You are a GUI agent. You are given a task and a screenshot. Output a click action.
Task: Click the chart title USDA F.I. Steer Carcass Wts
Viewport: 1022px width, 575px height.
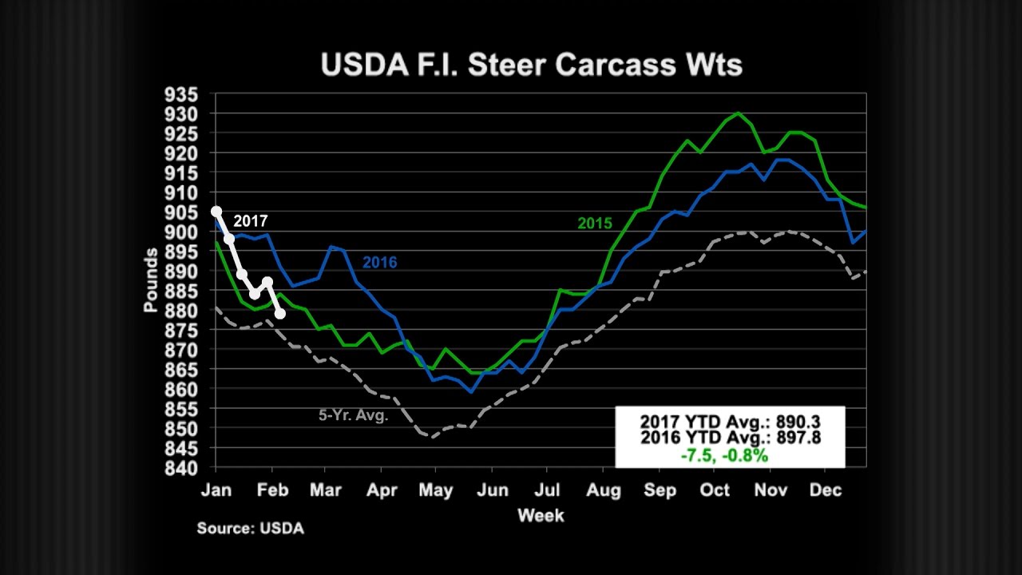[531, 65]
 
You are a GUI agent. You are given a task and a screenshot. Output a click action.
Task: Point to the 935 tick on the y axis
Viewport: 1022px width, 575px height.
[181, 94]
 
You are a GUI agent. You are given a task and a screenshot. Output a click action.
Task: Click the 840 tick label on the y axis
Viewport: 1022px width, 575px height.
[181, 467]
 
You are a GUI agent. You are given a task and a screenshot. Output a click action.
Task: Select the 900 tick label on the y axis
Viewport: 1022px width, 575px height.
[181, 232]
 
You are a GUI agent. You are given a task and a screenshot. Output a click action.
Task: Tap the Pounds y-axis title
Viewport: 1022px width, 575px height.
[151, 280]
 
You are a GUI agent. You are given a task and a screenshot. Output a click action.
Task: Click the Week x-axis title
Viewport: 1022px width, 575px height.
[541, 515]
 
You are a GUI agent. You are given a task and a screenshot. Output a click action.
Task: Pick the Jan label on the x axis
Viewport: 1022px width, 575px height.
[216, 490]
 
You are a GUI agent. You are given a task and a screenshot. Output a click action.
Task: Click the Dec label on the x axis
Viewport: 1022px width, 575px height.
[826, 490]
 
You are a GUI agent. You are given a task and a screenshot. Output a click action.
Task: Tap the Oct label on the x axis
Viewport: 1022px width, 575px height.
[715, 490]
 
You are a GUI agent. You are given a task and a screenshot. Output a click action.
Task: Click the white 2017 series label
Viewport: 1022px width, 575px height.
[251, 221]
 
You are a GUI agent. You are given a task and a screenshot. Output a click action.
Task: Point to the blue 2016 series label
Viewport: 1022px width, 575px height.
[379, 263]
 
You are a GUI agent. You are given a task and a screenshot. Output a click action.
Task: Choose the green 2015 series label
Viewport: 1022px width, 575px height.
[595, 224]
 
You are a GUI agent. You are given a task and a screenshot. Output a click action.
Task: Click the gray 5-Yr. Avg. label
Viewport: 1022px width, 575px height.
[353, 415]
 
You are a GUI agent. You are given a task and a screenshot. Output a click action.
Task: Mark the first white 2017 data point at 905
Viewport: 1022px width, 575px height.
[216, 212]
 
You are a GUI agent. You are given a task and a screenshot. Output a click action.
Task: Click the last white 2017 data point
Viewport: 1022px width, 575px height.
[280, 314]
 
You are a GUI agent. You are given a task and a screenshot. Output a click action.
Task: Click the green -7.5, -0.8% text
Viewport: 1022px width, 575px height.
[724, 455]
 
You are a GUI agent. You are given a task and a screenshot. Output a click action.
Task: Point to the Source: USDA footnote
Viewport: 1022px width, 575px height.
[251, 528]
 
